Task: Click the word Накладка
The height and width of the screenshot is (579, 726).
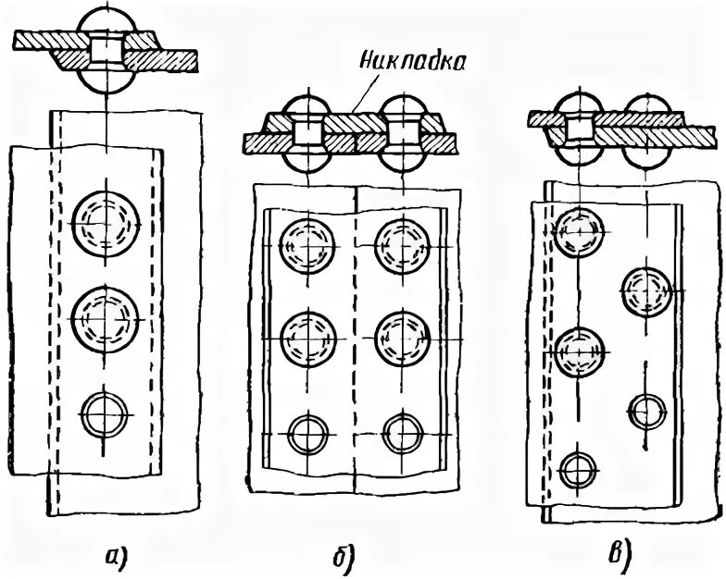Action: tap(409, 66)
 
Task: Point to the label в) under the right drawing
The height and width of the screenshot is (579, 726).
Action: tap(618, 555)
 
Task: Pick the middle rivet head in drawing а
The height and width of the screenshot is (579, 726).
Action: tap(106, 315)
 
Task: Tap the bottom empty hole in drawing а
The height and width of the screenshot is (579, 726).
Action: tap(106, 412)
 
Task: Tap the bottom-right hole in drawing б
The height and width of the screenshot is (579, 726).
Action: tap(402, 432)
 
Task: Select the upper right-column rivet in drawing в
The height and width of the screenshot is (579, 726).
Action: tap(647, 289)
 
